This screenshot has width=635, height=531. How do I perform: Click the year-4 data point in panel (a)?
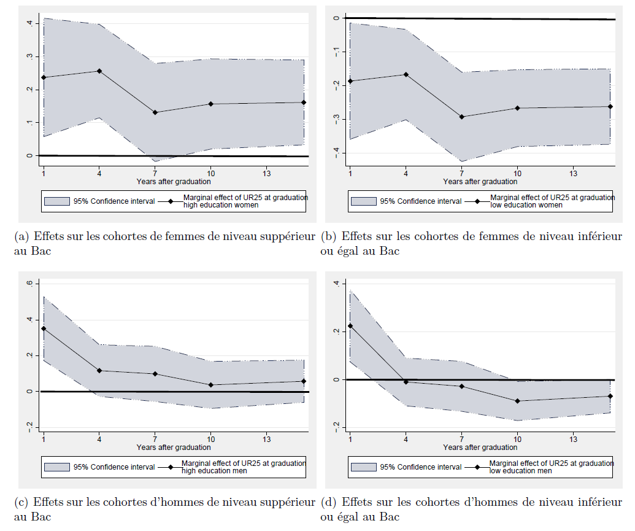(99, 71)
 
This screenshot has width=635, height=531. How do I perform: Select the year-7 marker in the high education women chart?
(155, 112)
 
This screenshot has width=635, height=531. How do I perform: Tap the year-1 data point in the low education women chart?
(350, 81)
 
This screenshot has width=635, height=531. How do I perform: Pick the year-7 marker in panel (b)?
(462, 117)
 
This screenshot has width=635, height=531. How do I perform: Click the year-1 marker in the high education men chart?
(44, 328)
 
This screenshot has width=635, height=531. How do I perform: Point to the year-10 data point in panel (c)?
(211, 385)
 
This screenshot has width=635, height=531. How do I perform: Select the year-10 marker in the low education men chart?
(518, 401)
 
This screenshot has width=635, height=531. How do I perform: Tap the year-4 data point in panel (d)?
(406, 382)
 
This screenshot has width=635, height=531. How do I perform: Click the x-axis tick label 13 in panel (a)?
(267, 174)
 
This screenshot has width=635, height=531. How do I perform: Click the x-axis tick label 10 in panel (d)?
(518, 440)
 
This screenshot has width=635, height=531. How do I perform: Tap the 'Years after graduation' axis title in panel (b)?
(480, 182)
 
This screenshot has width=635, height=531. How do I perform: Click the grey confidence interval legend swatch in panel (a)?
(57, 201)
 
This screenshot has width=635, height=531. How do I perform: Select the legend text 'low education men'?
(521, 471)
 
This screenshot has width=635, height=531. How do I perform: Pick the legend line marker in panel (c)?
(170, 467)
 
